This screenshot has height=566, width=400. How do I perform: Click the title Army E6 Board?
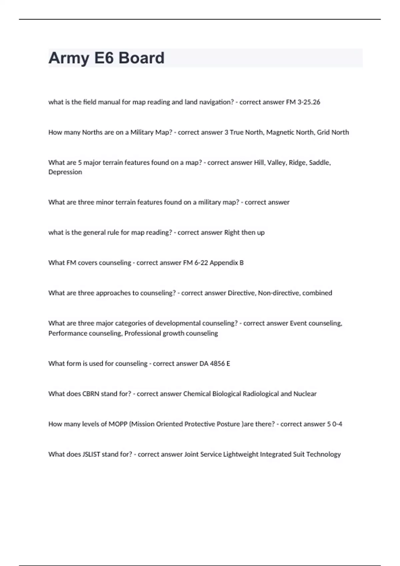click(106, 58)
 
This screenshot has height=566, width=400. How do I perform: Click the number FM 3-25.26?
click(303, 102)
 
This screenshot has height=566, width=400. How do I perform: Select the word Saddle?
click(319, 163)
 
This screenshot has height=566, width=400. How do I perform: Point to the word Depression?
click(65, 172)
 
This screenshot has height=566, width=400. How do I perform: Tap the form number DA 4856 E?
click(215, 364)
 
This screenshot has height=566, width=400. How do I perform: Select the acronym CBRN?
click(91, 394)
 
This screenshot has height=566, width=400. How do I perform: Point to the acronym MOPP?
click(118, 424)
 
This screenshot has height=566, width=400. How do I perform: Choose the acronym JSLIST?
click(91, 454)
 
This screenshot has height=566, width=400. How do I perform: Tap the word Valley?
click(276, 163)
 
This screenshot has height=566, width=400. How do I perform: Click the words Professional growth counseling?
click(171, 333)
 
